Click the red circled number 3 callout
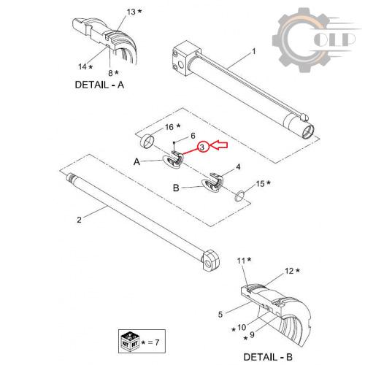click(202, 147)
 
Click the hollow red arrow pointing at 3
click(218, 145)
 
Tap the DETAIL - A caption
click(99, 85)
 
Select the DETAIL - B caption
click(268, 357)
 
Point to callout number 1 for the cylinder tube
click(254, 52)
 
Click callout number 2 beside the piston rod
click(80, 220)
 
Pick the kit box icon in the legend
click(130, 341)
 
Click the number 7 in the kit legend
click(157, 342)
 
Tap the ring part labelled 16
click(147, 141)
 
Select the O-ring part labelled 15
click(239, 196)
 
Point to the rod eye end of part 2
click(210, 261)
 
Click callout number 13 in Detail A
click(131, 12)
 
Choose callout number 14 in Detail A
click(82, 66)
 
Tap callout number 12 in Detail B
click(289, 271)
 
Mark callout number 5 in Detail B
click(220, 314)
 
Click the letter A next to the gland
click(137, 161)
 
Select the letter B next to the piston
click(176, 188)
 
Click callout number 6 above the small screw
click(193, 136)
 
